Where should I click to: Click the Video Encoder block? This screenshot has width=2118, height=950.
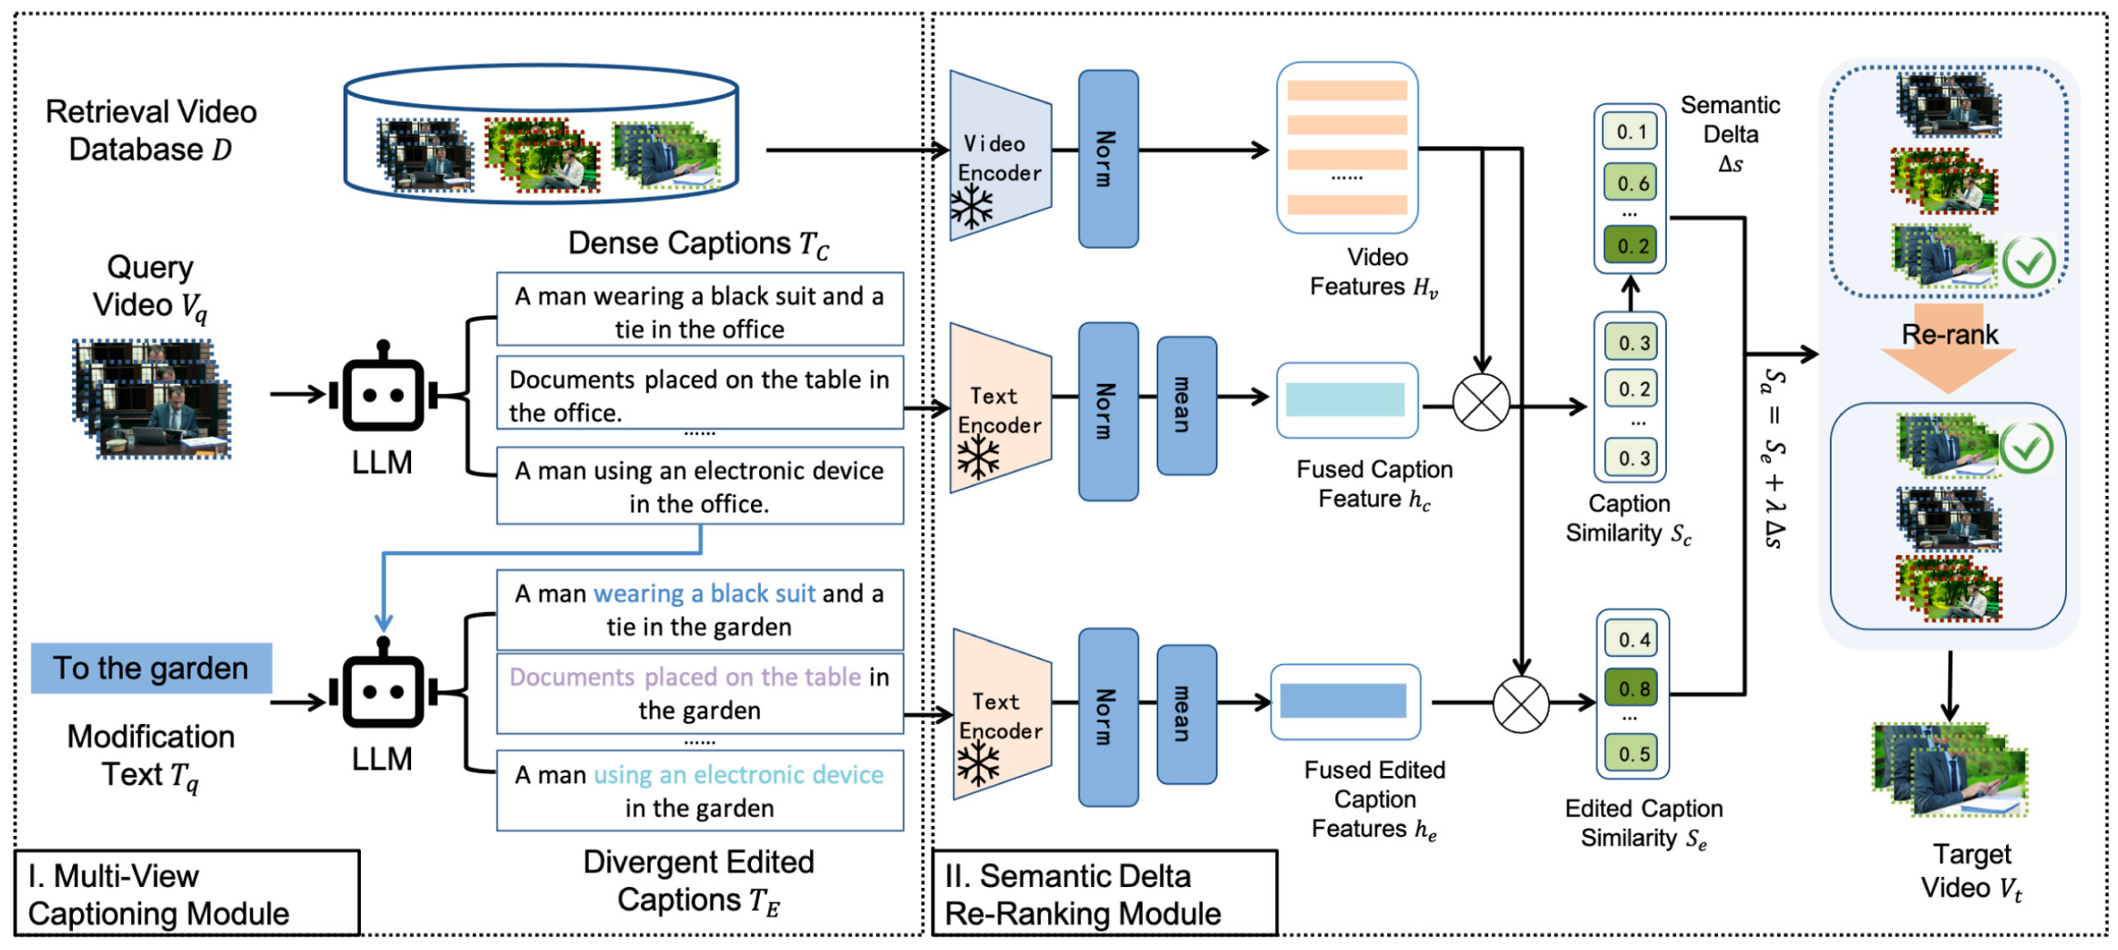coord(1000,157)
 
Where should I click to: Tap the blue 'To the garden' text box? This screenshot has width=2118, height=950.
coord(151,668)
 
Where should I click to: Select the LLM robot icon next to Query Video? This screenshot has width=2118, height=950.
coord(383,396)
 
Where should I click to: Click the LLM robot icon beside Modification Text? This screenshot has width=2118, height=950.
coord(383,692)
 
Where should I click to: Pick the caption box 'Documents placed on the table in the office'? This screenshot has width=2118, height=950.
coord(699,395)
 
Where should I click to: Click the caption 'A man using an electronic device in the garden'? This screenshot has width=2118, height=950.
coord(699,790)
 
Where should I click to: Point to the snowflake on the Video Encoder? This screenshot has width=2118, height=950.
coord(972,207)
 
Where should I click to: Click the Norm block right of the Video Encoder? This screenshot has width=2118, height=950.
coord(1107,159)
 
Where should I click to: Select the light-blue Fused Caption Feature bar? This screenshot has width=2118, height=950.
coord(1345,400)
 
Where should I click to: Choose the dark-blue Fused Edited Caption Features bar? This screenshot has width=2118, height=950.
coord(1343,701)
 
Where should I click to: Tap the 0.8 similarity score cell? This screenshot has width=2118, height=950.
coord(1633,689)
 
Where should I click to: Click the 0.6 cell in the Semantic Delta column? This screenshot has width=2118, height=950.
coord(1631,183)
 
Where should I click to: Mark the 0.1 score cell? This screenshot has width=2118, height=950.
coord(1630,132)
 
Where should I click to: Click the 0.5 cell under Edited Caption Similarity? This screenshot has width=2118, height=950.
coord(1633,755)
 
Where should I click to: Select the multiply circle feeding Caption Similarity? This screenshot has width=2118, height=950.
coord(1481,402)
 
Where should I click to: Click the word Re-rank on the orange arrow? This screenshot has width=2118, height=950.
coord(1949,335)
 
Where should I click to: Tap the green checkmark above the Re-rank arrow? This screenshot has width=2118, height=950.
coord(2029,263)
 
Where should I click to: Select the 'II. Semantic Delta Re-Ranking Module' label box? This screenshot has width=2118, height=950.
coord(1104,893)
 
